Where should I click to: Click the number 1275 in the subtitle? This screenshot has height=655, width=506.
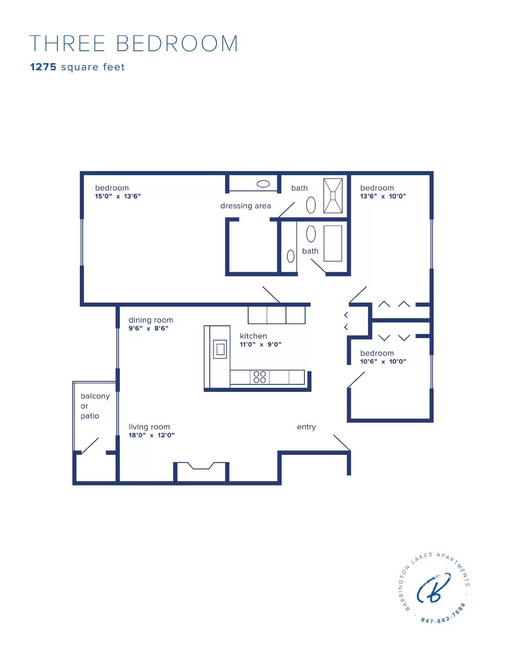pyautogui.click(x=43, y=67)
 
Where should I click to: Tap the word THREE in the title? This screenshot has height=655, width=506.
pyautogui.click(x=67, y=43)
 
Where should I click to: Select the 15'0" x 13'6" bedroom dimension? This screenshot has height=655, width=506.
pyautogui.click(x=118, y=196)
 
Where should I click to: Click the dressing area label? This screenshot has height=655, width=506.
pyautogui.click(x=245, y=206)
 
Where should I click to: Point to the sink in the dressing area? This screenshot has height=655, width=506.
pyautogui.click(x=263, y=184)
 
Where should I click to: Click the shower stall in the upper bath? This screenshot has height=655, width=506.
pyautogui.click(x=333, y=196)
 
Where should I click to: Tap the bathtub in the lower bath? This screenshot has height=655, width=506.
pyautogui.click(x=333, y=244)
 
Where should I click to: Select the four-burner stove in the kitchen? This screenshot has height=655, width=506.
pyautogui.click(x=260, y=377)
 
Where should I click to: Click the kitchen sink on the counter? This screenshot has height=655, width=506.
pyautogui.click(x=220, y=349)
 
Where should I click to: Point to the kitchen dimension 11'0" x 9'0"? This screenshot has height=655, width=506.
pyautogui.click(x=260, y=344)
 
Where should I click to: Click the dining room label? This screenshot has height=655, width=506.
pyautogui.click(x=151, y=320)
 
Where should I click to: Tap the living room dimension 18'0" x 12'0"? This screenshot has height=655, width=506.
pyautogui.click(x=151, y=435)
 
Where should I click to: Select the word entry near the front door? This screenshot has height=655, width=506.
pyautogui.click(x=306, y=427)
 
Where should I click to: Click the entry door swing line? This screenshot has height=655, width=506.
pyautogui.click(x=342, y=443)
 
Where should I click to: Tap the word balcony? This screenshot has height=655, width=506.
pyautogui.click(x=95, y=396)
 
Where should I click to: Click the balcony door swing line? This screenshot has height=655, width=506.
pyautogui.click(x=90, y=446)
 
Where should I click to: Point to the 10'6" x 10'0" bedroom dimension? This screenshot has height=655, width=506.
pyautogui.click(x=383, y=361)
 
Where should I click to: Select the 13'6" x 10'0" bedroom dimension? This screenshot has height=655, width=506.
pyautogui.click(x=383, y=196)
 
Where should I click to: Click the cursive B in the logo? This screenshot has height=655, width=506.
pyautogui.click(x=434, y=588)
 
